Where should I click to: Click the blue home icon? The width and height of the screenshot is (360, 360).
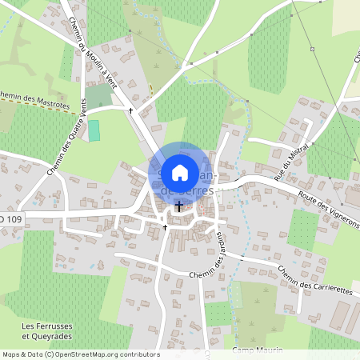click(180, 172)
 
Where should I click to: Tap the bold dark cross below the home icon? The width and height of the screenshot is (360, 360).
click(179, 206)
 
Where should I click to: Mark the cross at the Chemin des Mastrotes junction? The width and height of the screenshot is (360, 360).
click(130, 110)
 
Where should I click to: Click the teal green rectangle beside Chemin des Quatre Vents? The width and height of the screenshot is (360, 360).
click(94, 130)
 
